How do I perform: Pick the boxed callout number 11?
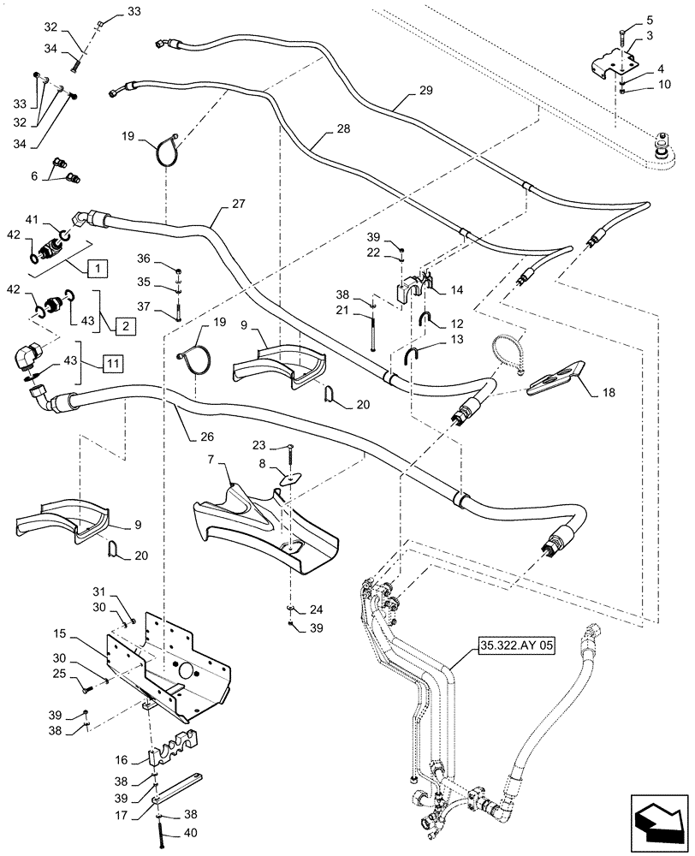[111, 363]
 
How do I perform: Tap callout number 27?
[237, 205]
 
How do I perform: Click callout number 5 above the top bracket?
[625, 20]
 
